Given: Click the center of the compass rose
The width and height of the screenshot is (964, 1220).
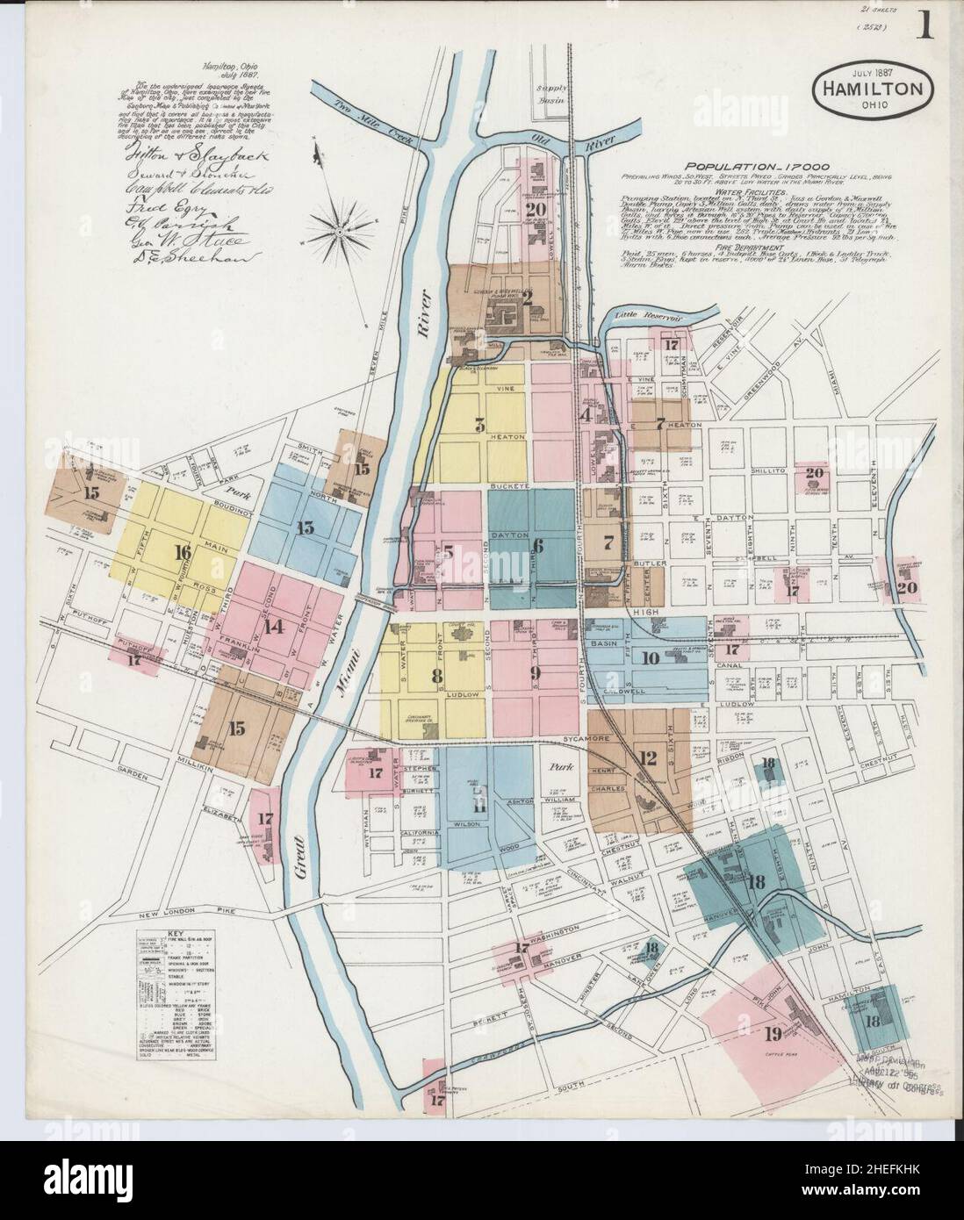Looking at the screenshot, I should pos(340,230).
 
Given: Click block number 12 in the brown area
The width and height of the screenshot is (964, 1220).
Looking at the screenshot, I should pos(648,758).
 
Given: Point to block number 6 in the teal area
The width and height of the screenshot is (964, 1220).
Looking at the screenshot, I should pos(539,546).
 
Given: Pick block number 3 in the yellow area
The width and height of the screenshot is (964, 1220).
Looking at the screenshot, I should pos(479,426).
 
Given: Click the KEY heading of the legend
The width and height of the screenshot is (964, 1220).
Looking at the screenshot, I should pos(178,922).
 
